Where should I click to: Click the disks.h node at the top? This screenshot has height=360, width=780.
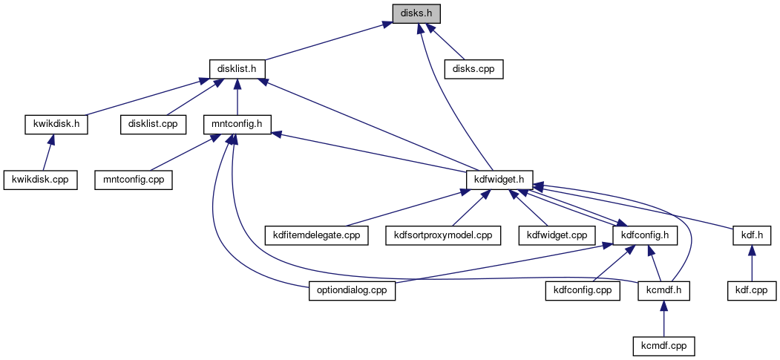(416, 13)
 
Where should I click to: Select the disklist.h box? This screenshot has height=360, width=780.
(237, 68)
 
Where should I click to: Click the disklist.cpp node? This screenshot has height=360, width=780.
(153, 124)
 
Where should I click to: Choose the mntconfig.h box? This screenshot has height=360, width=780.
(237, 124)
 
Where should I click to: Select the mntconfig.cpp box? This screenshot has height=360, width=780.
(134, 179)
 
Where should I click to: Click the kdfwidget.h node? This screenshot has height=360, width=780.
(499, 179)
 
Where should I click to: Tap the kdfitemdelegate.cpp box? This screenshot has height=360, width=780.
(316, 235)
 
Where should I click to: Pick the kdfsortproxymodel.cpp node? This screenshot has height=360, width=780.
(442, 235)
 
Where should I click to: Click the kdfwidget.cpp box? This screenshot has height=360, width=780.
(557, 235)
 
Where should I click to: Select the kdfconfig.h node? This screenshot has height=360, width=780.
(644, 235)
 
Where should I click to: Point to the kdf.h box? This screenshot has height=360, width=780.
(751, 235)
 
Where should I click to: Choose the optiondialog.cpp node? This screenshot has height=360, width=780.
(351, 290)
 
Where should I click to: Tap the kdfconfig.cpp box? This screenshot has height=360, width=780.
(583, 290)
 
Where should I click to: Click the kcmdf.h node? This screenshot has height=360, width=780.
(664, 290)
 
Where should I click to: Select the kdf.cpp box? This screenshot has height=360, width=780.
(751, 290)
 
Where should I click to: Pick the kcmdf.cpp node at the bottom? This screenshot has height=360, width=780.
(664, 346)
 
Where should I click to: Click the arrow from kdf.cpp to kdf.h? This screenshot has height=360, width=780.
(751, 264)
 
